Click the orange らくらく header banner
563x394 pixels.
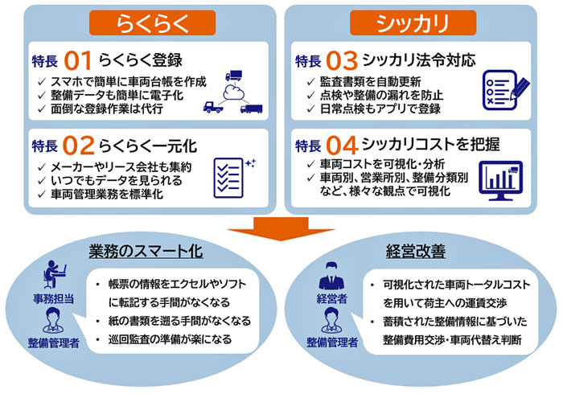tap(152, 23)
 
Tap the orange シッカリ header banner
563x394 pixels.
tap(413, 23)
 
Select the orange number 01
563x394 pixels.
tap(77, 60)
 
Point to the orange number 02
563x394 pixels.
tap(78, 146)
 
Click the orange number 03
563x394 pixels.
tap(342, 60)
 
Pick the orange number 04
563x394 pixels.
tap(342, 146)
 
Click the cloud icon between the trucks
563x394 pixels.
tap(234, 92)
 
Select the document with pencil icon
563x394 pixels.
tap(506, 90)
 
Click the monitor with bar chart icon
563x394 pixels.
tap(500, 181)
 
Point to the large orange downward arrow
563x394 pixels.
tap(281, 229)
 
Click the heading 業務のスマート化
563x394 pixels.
tap(146, 252)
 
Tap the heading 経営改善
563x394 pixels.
tap(416, 252)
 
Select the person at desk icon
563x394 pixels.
tap(55, 274)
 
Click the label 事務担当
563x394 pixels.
tap(54, 298)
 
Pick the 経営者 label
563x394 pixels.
tap(331, 298)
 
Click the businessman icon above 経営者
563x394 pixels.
tap(331, 276)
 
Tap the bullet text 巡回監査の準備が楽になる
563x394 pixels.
tap(171, 339)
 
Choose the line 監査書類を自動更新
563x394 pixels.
tap(371, 82)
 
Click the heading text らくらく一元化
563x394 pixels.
tap(148, 146)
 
